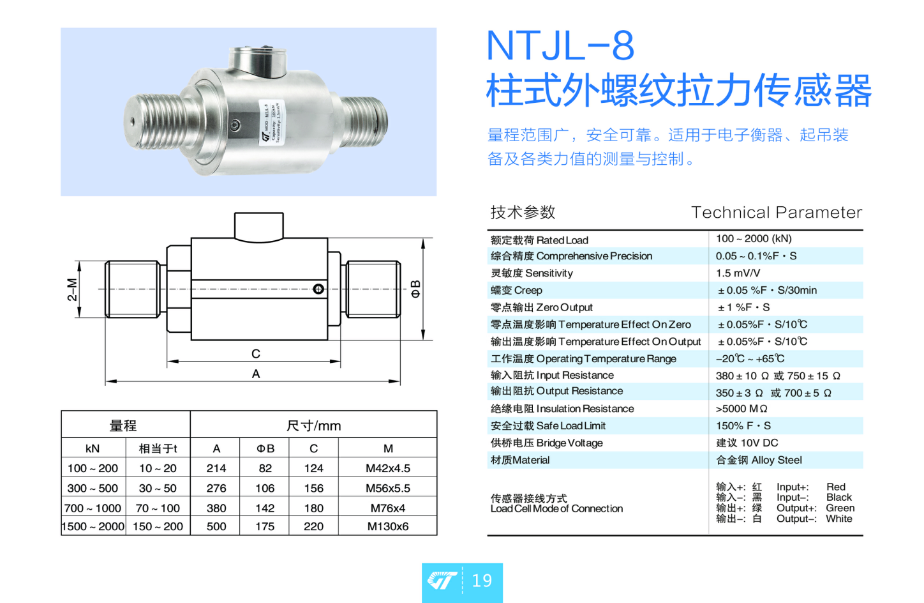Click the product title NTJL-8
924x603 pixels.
coord(560,45)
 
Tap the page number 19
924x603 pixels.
coord(482,581)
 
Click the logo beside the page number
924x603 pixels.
coord(442,580)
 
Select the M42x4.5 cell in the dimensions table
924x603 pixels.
coord(388,468)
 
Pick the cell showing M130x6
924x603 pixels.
coord(388,526)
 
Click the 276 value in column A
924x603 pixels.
coord(216,488)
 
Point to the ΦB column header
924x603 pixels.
coord(265,448)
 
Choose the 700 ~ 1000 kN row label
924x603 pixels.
coord(93,508)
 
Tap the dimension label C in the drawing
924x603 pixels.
coord(256,354)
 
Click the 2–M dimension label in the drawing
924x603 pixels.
coord(72,289)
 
